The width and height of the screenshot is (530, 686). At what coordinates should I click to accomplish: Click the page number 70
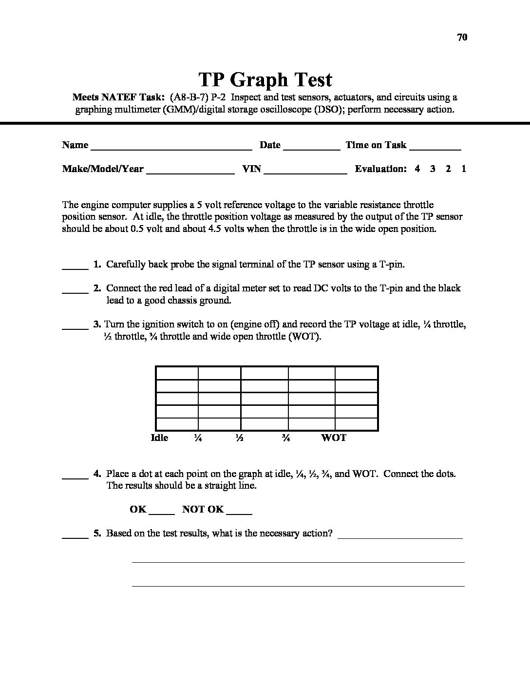tap(462, 37)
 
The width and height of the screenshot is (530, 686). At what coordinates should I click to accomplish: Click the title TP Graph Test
tap(265, 79)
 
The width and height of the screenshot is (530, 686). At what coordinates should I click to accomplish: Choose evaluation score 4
tap(417, 169)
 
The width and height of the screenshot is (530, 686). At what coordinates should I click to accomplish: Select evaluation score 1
tap(464, 169)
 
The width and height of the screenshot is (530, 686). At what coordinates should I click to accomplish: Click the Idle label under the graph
tap(160, 438)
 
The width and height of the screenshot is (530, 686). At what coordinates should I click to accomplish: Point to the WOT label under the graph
tap(334, 438)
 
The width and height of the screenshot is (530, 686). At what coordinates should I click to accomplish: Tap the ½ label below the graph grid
tap(239, 438)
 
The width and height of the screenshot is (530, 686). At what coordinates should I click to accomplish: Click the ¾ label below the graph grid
tap(286, 438)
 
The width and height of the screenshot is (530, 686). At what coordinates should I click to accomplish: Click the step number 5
tap(97, 534)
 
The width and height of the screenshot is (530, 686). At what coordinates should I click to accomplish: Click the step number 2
tap(97, 288)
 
